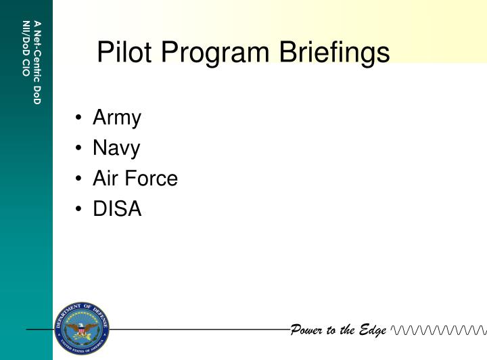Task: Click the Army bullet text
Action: coord(117,118)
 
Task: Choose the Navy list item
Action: coord(116,149)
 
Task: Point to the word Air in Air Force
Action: coord(106,179)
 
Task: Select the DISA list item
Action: coord(117,209)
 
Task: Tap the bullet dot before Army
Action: coord(80,119)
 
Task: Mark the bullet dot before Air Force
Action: coord(80,179)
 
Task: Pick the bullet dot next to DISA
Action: coord(80,210)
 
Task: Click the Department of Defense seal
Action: coord(82,330)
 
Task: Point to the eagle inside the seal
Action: coord(82,330)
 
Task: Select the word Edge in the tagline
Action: coord(373,330)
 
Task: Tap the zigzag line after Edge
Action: coord(438,330)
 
